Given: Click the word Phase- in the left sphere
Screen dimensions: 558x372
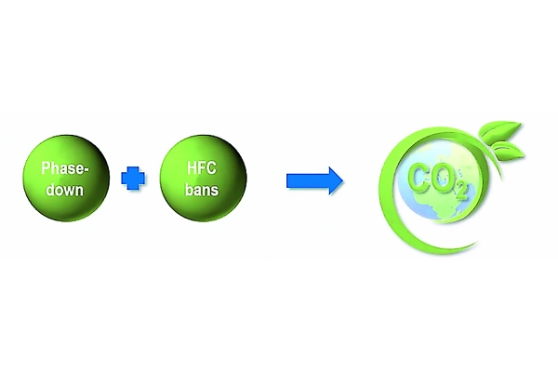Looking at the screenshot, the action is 64,168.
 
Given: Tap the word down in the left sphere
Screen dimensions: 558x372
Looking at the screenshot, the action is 65,190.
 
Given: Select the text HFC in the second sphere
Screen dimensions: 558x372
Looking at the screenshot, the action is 202,167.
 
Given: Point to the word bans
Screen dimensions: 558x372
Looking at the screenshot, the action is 202,190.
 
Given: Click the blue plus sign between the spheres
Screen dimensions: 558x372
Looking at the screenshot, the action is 133,179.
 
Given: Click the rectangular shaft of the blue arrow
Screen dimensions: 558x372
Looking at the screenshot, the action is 308,180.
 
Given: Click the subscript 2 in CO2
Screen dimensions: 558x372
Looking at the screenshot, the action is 461,191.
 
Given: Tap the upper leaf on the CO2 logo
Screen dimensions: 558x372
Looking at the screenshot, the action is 499,130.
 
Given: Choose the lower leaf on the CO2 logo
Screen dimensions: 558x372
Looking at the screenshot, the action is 508,151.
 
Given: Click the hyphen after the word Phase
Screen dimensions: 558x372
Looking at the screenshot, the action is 85,169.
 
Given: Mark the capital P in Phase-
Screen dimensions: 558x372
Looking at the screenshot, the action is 46,168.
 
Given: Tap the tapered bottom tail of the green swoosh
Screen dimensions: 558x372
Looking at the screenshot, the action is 469,246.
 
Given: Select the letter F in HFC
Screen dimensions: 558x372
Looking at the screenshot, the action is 202,168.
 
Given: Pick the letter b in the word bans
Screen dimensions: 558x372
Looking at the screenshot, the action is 189,190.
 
